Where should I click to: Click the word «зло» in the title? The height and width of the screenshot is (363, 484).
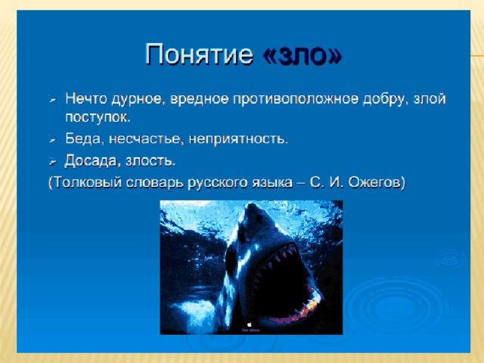[302, 55]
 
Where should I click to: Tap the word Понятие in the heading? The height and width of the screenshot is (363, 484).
[199, 54]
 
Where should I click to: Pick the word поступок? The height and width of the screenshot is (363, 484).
[98, 118]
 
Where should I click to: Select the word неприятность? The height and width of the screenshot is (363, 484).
[238, 139]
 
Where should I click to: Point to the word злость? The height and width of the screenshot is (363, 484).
[150, 161]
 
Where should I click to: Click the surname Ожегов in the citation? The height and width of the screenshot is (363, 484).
[377, 183]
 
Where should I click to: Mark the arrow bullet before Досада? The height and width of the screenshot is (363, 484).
[52, 162]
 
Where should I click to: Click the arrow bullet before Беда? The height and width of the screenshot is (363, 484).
[52, 140]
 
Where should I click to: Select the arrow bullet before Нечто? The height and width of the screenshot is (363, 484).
[52, 100]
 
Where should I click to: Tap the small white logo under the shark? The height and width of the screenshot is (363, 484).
[250, 324]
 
